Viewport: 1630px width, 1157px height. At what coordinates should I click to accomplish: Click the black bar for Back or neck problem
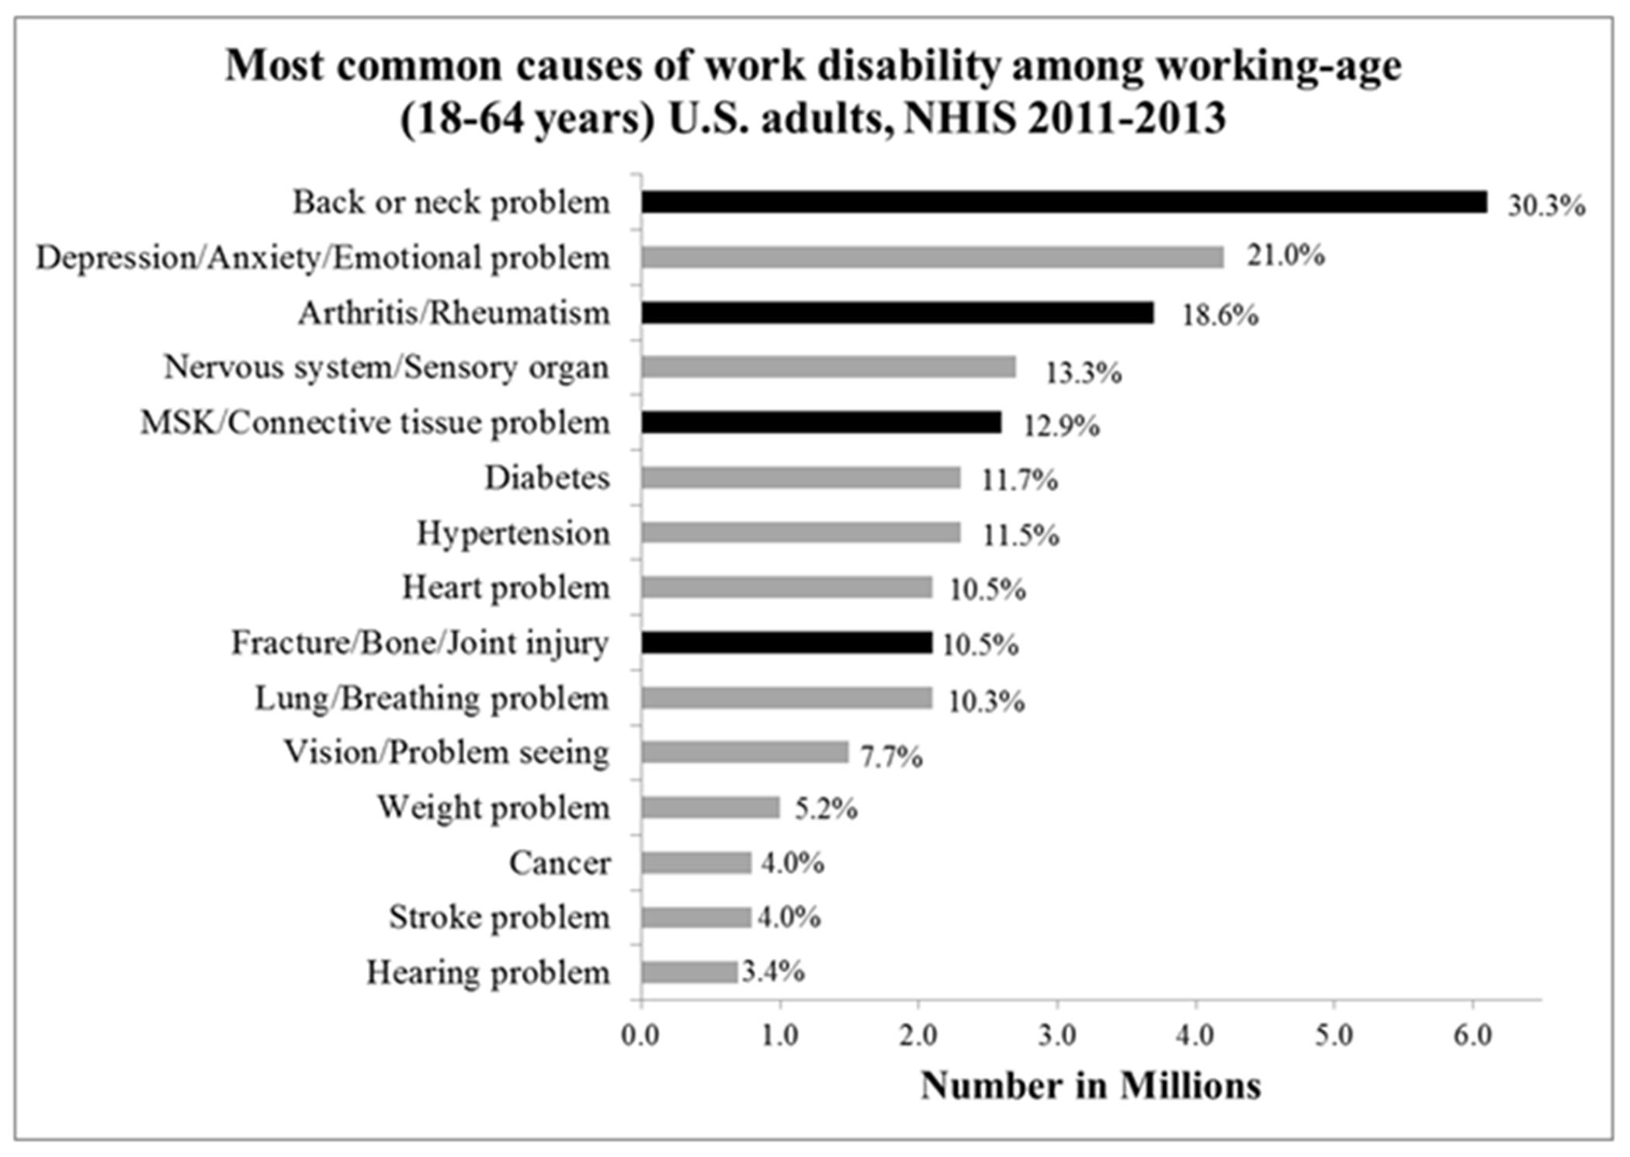point(1063,202)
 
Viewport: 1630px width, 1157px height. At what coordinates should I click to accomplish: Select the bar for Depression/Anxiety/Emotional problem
point(931,257)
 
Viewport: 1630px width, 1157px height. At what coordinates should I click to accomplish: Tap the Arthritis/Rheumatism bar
point(896,313)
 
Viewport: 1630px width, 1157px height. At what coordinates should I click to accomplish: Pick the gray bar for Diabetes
point(800,478)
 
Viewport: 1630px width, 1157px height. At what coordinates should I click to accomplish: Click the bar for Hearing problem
point(688,972)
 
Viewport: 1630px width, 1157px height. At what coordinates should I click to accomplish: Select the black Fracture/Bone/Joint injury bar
point(786,643)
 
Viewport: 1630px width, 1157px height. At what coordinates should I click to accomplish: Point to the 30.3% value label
point(1546,206)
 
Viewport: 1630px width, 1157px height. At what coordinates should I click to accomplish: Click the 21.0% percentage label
point(1285,255)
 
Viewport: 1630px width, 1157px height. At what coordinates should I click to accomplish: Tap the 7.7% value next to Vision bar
point(891,756)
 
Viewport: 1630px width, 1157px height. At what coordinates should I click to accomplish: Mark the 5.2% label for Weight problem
point(826,809)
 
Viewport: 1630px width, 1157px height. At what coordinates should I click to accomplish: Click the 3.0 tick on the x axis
point(1057,1036)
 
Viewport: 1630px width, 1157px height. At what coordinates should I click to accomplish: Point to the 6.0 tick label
point(1472,1036)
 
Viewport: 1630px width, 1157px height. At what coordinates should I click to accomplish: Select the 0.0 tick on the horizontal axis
point(641,1036)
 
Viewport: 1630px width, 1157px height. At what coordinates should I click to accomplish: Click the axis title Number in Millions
point(1091,1086)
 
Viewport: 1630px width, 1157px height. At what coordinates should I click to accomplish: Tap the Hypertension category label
point(513,534)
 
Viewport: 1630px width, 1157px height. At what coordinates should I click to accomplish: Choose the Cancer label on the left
point(560,863)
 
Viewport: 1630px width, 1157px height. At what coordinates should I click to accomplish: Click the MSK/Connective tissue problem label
point(375,424)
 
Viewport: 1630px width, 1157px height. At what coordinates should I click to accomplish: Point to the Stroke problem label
point(499,918)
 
